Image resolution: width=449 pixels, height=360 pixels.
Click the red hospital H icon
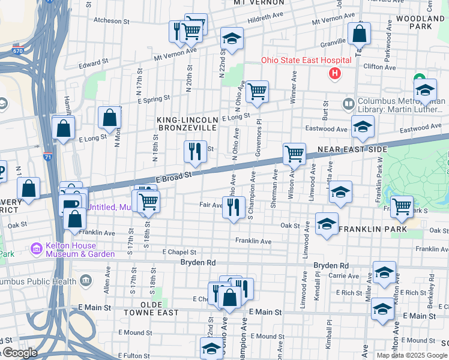335,74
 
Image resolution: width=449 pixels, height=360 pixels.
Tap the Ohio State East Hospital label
306,61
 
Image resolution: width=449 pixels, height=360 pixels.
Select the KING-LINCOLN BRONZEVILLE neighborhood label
186,124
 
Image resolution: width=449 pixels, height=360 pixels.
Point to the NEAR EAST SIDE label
352,149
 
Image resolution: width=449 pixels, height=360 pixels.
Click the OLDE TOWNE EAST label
151,313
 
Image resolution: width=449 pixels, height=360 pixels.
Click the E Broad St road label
173,175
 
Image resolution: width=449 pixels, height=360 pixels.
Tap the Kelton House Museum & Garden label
80,250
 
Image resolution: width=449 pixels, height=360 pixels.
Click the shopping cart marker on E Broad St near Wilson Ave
294,154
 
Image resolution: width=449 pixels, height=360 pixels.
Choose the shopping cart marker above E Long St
257,92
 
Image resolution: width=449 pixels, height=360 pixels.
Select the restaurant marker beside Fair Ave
233,208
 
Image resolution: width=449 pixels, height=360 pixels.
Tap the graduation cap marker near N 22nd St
232,39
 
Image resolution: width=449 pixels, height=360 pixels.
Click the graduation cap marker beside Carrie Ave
384,272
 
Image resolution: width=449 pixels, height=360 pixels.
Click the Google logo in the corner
19,353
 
